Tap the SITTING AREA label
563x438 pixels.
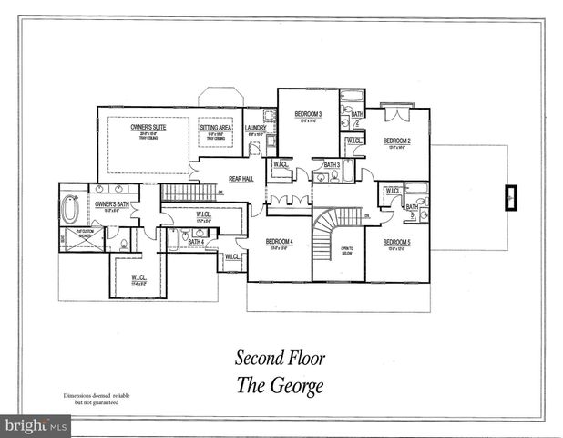216,128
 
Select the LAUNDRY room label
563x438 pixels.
255,128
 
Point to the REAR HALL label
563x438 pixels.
241,179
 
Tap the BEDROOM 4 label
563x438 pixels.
279,242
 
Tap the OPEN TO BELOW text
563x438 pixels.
347,250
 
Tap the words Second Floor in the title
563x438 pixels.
281,358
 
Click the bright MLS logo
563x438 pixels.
36,426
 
